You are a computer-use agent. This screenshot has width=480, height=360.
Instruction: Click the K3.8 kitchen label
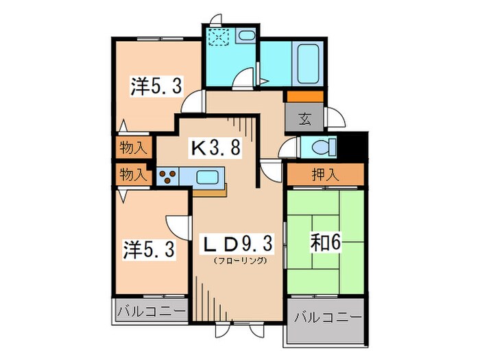(x=215, y=147)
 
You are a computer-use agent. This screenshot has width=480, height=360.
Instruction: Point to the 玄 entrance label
(x=304, y=117)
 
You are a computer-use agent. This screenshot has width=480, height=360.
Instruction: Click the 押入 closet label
(x=325, y=175)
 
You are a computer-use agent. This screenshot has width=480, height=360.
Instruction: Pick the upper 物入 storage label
(x=132, y=147)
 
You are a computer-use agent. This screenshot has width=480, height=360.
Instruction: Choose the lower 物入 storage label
(x=132, y=175)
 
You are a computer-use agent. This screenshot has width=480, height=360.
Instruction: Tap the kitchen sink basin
(x=207, y=177)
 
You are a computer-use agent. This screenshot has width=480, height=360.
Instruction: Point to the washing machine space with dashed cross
(x=220, y=37)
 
